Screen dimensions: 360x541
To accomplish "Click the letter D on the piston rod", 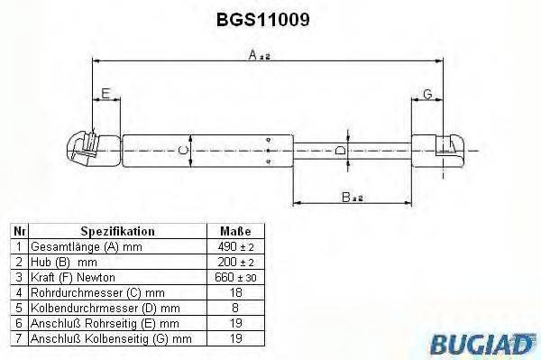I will point(340,150).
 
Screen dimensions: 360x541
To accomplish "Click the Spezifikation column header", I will point(117,231).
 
